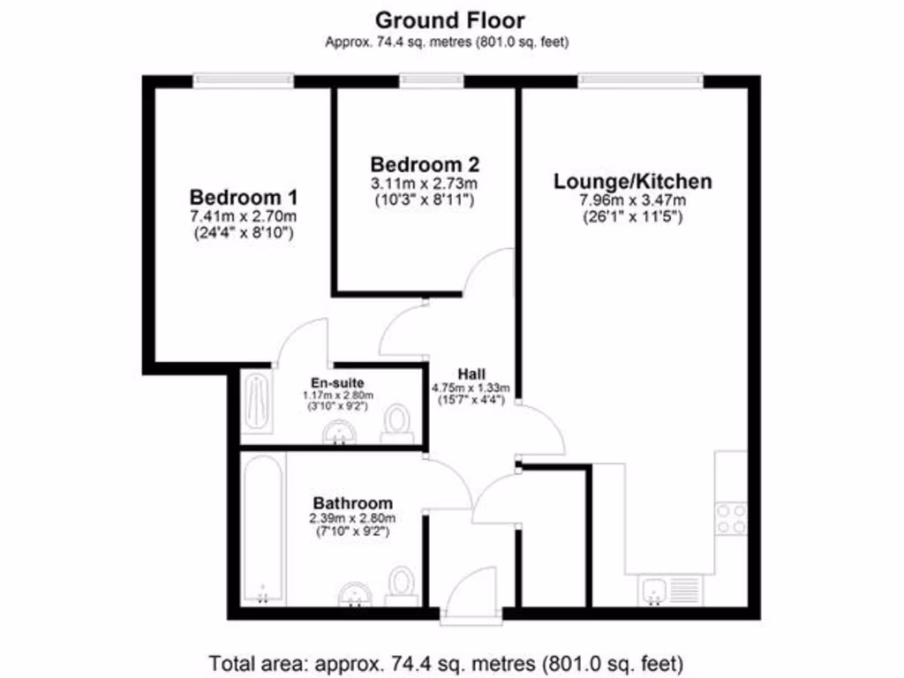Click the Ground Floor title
pyautogui.click(x=450, y=19)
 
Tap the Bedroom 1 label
pyautogui.click(x=244, y=196)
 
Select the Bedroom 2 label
pyautogui.click(x=425, y=164)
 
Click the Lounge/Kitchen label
pyautogui.click(x=632, y=182)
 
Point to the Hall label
pyautogui.click(x=470, y=373)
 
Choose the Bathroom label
pyautogui.click(x=350, y=503)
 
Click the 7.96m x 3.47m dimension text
pyautogui.click(x=632, y=200)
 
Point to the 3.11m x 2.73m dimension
pyautogui.click(x=425, y=184)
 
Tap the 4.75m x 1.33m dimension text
pyautogui.click(x=470, y=387)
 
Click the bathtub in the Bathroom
pyautogui.click(x=262, y=530)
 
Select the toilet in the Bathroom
pyautogui.click(x=403, y=584)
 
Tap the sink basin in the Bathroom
pyautogui.click(x=356, y=596)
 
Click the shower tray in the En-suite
pyautogui.click(x=256, y=402)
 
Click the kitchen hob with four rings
pyautogui.click(x=731, y=518)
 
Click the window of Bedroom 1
pyautogui.click(x=245, y=80)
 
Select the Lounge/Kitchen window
pyautogui.click(x=641, y=80)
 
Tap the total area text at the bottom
pyautogui.click(x=446, y=661)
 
